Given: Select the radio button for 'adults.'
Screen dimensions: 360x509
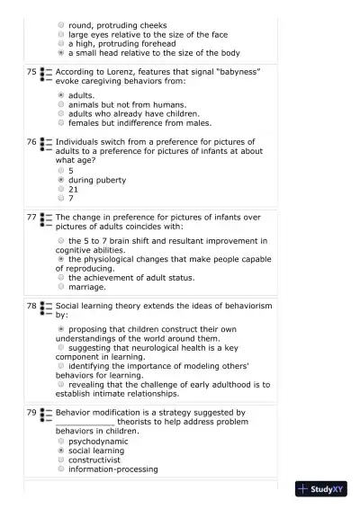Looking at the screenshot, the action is [60, 94].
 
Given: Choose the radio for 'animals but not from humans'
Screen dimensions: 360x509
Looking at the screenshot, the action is [60, 104].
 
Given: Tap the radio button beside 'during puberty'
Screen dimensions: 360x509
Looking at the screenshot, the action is [60, 180].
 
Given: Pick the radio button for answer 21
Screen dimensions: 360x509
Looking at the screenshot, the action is [60, 190].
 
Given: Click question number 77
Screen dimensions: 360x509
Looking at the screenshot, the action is [31, 218].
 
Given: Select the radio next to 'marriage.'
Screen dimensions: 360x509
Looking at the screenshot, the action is [60, 287].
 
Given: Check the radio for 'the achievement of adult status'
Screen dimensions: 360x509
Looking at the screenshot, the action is [60, 278].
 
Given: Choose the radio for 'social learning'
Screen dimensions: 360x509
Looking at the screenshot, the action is [60, 451].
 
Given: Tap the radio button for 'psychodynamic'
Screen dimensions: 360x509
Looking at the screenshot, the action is [60, 442].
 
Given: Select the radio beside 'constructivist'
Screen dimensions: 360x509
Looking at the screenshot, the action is [60, 460].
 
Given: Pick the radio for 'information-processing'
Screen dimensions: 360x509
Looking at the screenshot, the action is [60, 469].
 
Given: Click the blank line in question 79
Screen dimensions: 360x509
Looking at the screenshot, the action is [85, 422].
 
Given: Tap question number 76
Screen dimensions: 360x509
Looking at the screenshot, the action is [31, 142].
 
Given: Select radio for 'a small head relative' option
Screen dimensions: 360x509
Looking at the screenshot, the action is [60, 53].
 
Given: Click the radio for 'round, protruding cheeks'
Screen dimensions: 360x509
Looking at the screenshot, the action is [60, 25].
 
